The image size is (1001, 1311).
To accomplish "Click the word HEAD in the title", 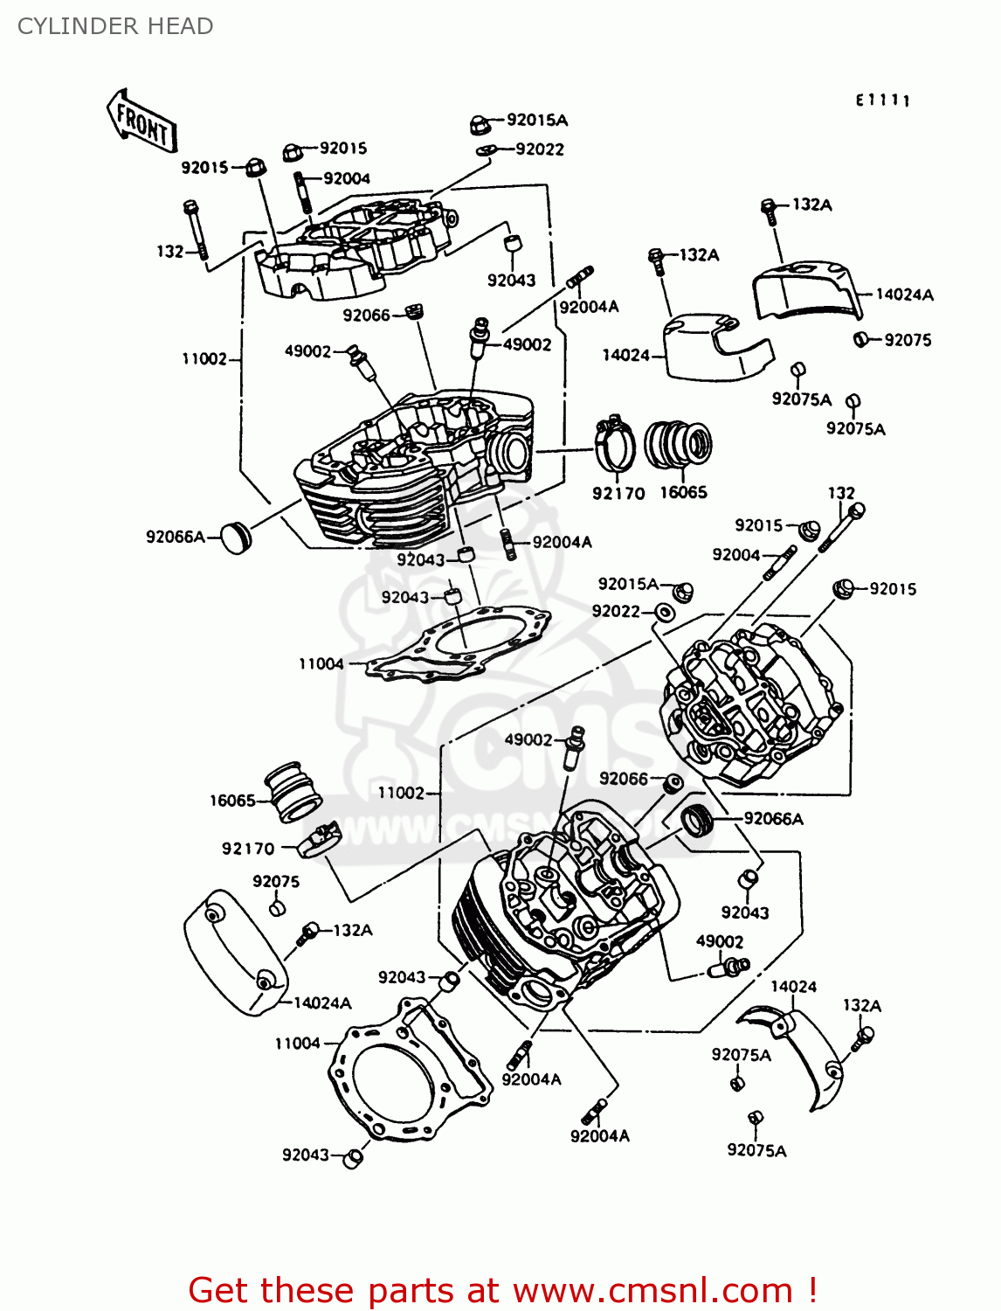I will point(180,26).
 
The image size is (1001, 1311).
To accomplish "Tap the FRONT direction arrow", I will point(142,123).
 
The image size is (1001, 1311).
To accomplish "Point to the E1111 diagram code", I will point(882,101).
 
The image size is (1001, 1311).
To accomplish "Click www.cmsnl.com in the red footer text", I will point(652,1290).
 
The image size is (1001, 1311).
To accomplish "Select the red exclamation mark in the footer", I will point(811,1290).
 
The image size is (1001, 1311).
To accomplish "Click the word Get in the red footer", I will point(221,1290).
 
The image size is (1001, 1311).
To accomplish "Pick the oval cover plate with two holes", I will point(235,952).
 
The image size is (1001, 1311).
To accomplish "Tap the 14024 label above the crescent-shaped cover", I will point(793,986).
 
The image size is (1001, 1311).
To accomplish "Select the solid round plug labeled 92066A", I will point(233,537).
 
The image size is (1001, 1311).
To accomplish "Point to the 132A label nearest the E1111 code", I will point(811,205).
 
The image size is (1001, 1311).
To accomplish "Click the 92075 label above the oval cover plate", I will point(276,881).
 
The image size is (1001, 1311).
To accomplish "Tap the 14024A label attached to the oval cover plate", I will point(322,1002).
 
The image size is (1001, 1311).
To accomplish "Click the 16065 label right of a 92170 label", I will point(683,492).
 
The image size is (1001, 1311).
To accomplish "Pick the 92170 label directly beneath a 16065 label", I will point(248,848).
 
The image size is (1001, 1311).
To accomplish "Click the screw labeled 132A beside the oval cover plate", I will point(307,933).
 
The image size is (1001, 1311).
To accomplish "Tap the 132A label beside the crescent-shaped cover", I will point(861,1005).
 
